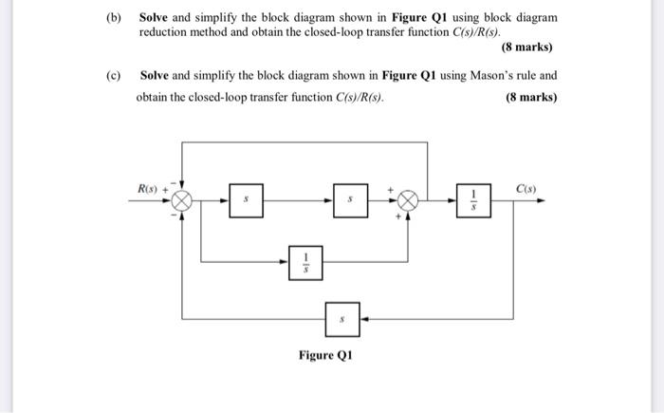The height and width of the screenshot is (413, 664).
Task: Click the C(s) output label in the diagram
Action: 526,189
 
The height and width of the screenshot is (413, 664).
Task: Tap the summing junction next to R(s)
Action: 182,201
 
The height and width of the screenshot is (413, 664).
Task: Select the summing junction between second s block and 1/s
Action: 408,201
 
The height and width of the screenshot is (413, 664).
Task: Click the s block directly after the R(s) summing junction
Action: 246,201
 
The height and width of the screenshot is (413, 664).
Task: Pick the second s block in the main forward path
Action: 349,201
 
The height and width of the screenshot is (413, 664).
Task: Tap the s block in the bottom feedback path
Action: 342,320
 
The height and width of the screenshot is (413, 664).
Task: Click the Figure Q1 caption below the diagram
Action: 325,356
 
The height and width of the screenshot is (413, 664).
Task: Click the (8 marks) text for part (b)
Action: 526,47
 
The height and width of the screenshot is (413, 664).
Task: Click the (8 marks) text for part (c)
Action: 531,97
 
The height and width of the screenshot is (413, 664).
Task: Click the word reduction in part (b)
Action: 164,31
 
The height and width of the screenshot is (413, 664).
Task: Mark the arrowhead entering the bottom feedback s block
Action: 364,320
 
